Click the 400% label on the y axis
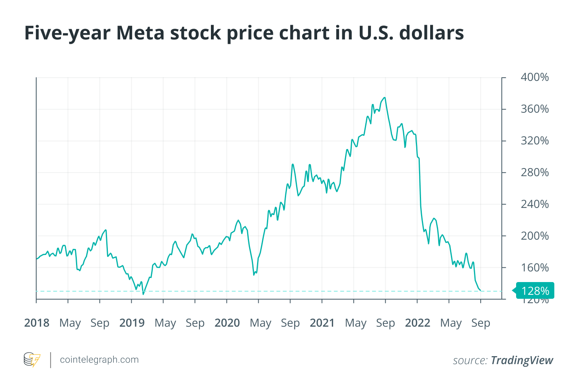click(534, 77)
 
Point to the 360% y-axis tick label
click(534, 109)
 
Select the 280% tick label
click(534, 172)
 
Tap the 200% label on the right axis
click(534, 236)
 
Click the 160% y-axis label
click(534, 268)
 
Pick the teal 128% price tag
click(535, 291)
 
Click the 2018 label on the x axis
click(37, 323)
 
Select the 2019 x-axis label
click(132, 323)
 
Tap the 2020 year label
click(227, 323)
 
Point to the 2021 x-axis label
click(322, 323)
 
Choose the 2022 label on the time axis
click(417, 323)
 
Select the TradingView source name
click(522, 361)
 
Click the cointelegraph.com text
click(99, 360)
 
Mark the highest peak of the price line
click(384, 98)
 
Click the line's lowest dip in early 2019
click(143, 294)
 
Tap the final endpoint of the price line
click(480, 290)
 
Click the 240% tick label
click(534, 204)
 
